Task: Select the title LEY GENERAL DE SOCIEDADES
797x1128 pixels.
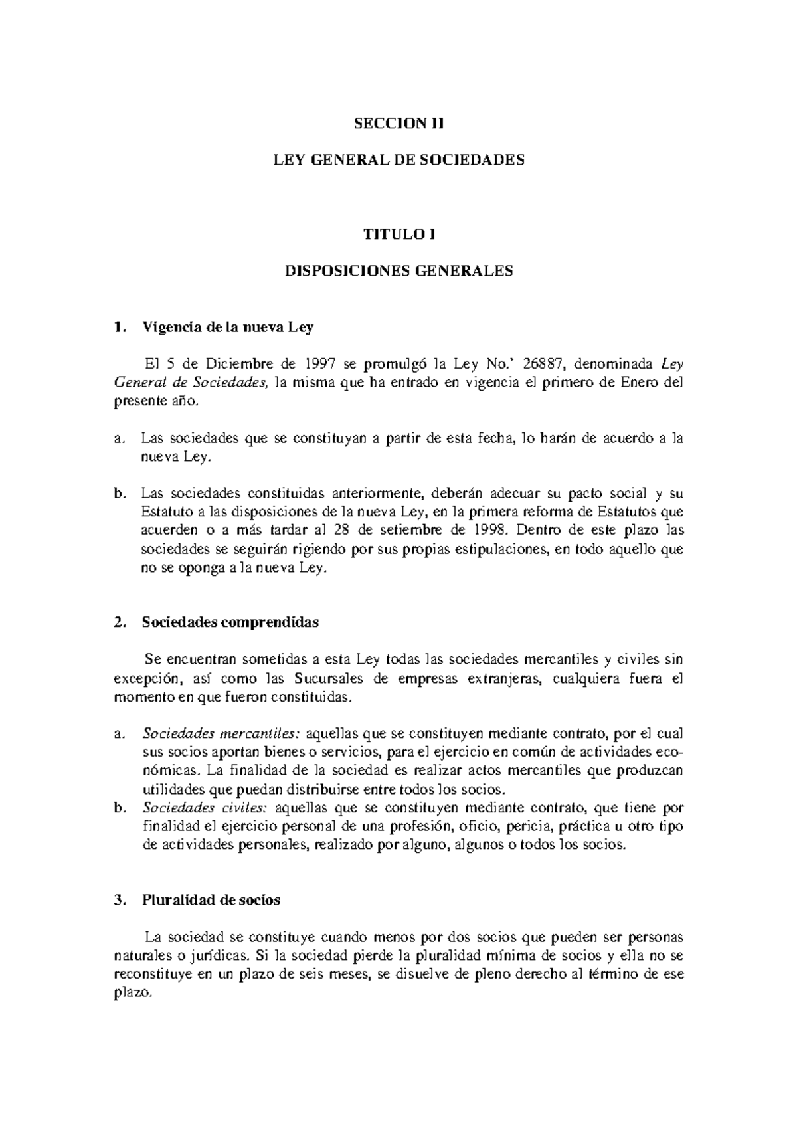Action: tap(398, 160)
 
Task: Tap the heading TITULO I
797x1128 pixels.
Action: tap(398, 234)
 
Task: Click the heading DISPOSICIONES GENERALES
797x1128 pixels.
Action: tap(398, 271)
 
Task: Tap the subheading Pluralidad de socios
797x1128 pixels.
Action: tap(211, 901)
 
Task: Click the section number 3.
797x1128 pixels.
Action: tap(118, 901)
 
